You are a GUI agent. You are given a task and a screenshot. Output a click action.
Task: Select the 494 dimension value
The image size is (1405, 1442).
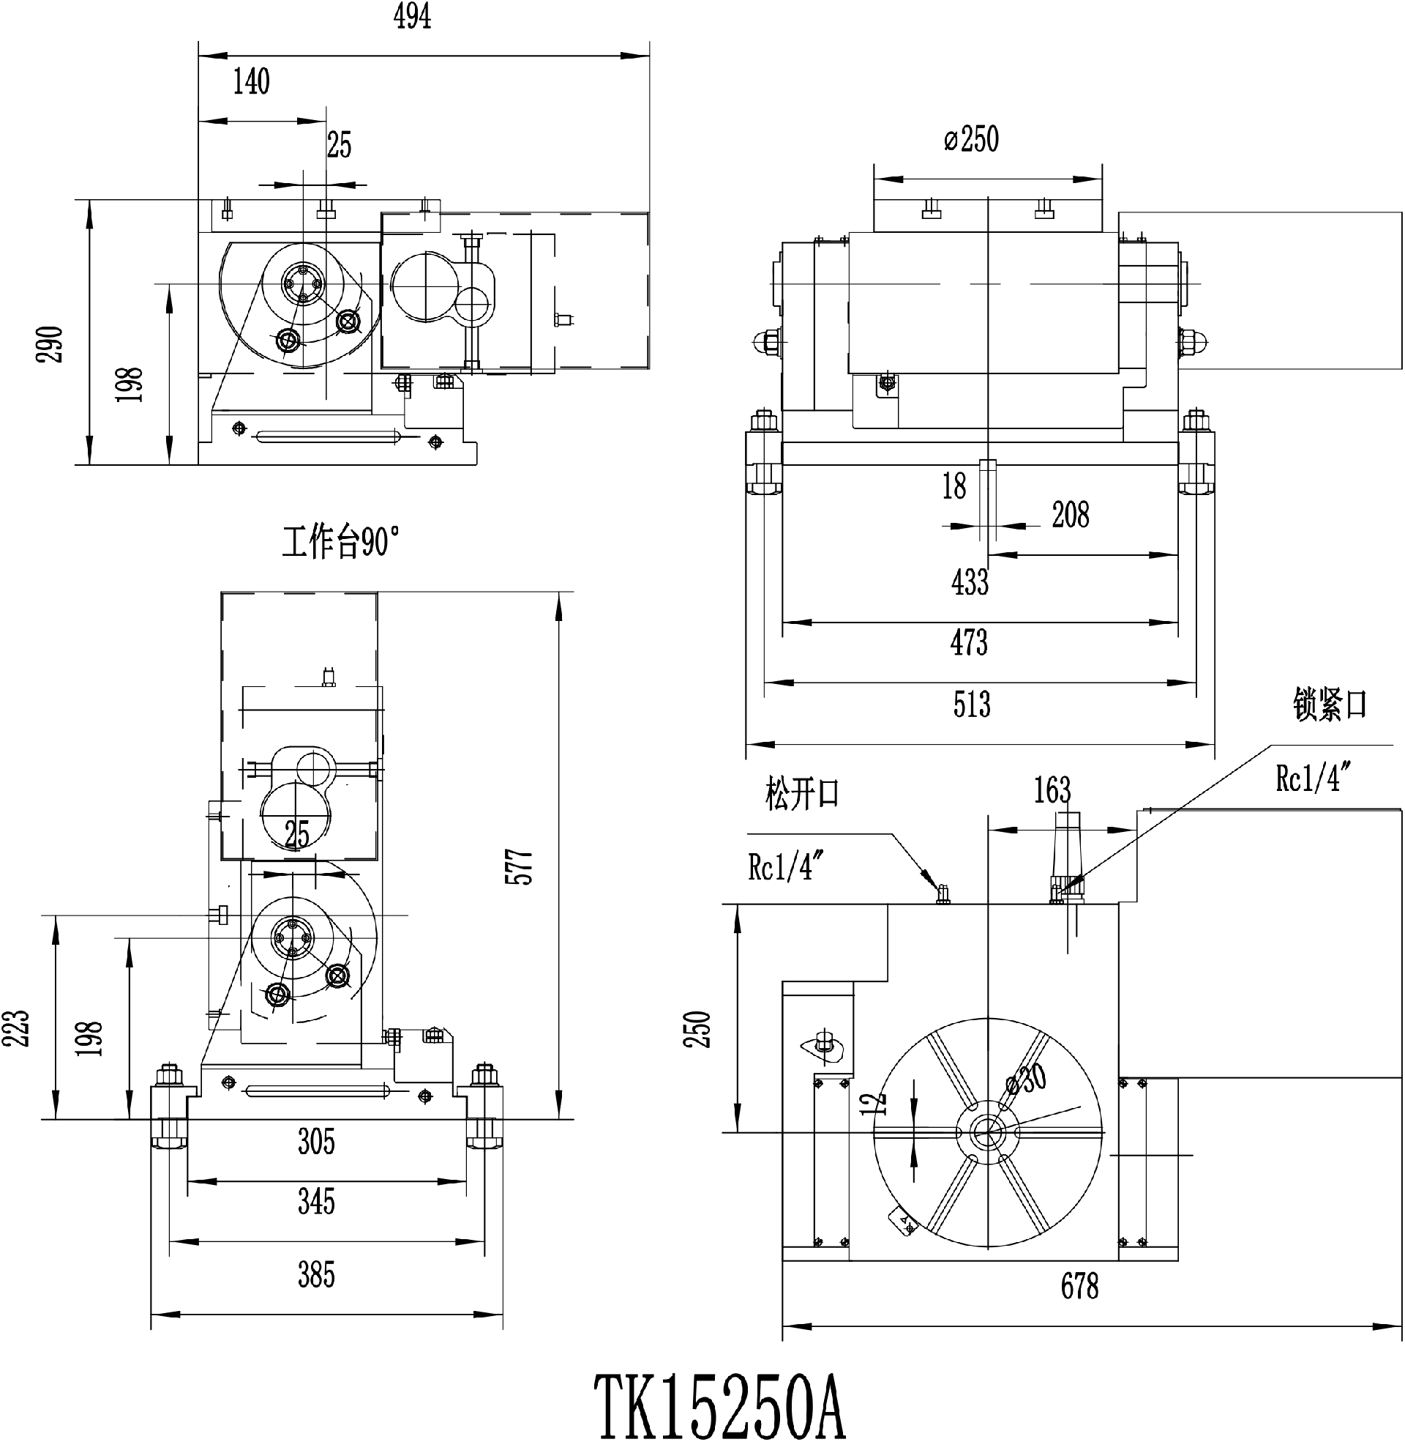coord(413,17)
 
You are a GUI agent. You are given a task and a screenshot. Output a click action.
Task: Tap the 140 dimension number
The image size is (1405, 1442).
coord(252,81)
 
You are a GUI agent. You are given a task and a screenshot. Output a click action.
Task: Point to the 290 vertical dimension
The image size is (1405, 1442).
coord(51,343)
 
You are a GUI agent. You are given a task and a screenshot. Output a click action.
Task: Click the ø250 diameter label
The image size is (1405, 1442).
coord(971,140)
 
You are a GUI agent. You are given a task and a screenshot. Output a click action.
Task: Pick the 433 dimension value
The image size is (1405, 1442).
coord(970,581)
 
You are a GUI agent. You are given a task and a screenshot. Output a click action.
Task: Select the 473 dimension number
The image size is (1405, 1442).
coord(969,642)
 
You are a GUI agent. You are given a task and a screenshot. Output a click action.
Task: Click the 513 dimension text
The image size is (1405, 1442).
coord(971,705)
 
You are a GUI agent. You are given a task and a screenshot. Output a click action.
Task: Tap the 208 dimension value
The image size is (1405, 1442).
coord(1071,515)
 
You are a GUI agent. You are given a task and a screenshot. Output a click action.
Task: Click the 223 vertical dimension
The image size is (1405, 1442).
coord(16,1027)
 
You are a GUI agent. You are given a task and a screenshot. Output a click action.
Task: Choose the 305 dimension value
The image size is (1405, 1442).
coord(317,1142)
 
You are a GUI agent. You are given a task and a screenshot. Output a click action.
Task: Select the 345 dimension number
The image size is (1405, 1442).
coord(317,1202)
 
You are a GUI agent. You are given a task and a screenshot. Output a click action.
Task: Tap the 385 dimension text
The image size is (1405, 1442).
coord(317,1275)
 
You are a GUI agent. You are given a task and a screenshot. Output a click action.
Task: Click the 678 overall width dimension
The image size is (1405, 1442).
coord(1079,1286)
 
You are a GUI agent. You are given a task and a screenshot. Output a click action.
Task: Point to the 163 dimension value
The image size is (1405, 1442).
coord(1052,790)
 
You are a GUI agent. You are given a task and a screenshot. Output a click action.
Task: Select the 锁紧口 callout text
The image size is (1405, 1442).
coord(1330,705)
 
